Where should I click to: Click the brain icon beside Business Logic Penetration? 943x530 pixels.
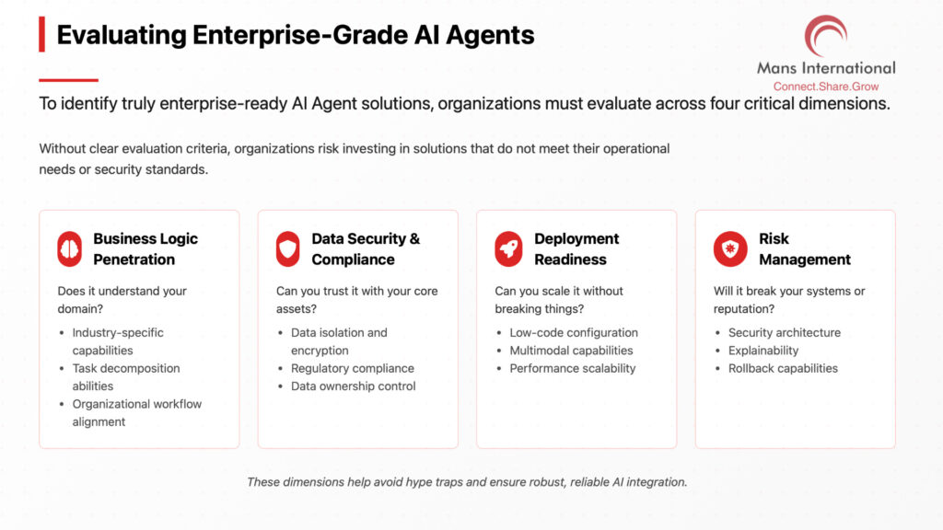pos(70,248)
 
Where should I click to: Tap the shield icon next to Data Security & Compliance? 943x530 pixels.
pos(288,248)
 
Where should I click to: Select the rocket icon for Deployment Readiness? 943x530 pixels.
pos(508,248)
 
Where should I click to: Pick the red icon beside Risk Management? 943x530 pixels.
pos(730,248)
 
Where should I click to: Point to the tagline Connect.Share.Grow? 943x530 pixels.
pos(826,86)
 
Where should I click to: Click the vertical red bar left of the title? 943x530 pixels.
pos(42,34)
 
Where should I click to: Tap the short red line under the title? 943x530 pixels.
pos(68,80)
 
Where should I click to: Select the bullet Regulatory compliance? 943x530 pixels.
pos(353,368)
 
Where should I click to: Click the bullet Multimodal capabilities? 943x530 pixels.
pos(571,351)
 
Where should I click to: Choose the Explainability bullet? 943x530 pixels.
pos(763,351)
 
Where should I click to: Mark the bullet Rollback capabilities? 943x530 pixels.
pos(783,368)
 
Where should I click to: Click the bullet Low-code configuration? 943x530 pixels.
pos(574,332)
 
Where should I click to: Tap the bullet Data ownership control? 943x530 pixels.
pos(353,386)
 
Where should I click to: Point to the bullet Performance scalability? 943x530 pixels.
pos(573,368)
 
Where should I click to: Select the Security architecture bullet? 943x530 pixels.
pos(785,332)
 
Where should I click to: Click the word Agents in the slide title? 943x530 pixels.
pos(490,36)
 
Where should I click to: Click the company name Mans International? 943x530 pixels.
pos(826,68)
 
